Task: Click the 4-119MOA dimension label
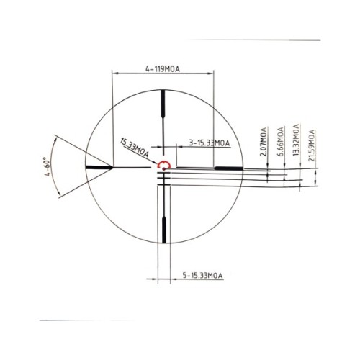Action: (x=162, y=69)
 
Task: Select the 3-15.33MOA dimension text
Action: (x=208, y=143)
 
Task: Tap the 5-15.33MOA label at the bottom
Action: (x=202, y=275)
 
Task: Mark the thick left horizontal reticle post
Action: (x=99, y=167)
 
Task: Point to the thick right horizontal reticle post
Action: (x=228, y=167)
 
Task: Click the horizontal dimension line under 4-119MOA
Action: (x=163, y=74)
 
